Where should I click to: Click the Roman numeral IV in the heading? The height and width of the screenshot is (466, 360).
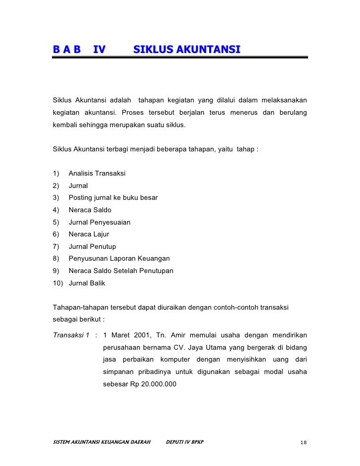[99, 49]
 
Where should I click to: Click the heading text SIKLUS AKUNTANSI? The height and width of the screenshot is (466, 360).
[186, 49]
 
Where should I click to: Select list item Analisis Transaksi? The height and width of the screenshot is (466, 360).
[97, 173]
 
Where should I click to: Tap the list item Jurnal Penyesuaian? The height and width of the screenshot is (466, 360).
[99, 222]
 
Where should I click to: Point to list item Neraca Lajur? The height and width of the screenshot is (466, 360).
[89, 234]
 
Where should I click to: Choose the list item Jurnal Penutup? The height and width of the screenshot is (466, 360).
[92, 246]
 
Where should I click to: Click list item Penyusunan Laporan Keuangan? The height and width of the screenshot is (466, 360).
[119, 259]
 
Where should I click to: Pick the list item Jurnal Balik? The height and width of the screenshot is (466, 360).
[87, 283]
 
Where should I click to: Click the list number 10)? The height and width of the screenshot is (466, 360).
[58, 283]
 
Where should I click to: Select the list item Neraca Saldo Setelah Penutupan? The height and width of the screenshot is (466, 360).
[121, 271]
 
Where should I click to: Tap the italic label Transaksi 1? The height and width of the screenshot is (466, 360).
[71, 334]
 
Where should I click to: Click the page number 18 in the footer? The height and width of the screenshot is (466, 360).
[304, 442]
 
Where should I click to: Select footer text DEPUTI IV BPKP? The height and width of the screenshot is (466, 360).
[184, 442]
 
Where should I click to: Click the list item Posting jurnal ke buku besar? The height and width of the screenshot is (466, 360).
[113, 197]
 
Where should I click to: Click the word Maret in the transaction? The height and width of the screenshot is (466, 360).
[119, 334]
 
